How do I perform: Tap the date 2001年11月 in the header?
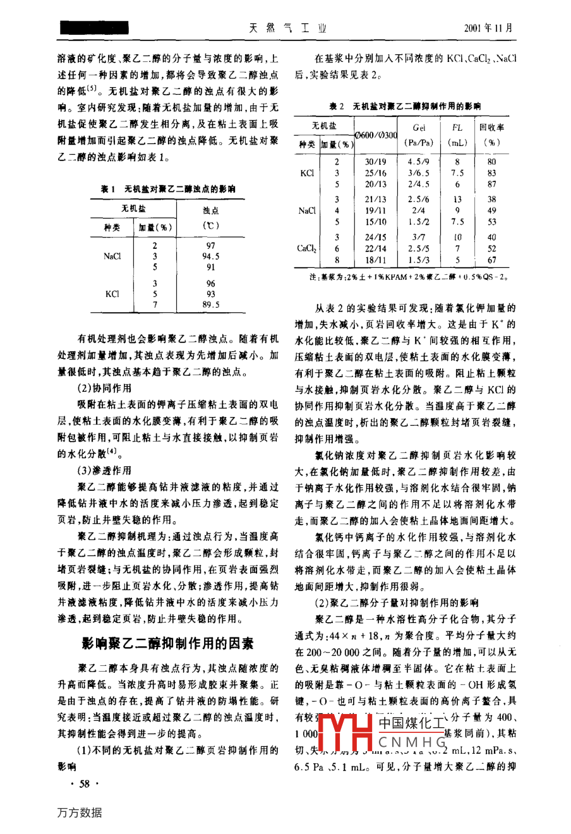click(488, 28)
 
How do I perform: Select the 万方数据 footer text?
click(80, 813)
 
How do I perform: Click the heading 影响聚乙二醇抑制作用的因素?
click(167, 643)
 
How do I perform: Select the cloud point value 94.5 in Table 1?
click(210, 257)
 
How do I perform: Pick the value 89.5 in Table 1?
click(210, 305)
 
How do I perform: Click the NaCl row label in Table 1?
click(112, 257)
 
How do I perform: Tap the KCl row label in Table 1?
click(112, 294)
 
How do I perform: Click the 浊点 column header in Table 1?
click(210, 210)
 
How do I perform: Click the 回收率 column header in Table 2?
click(491, 127)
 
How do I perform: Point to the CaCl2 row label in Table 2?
click(307, 248)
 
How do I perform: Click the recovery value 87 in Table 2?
click(491, 184)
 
